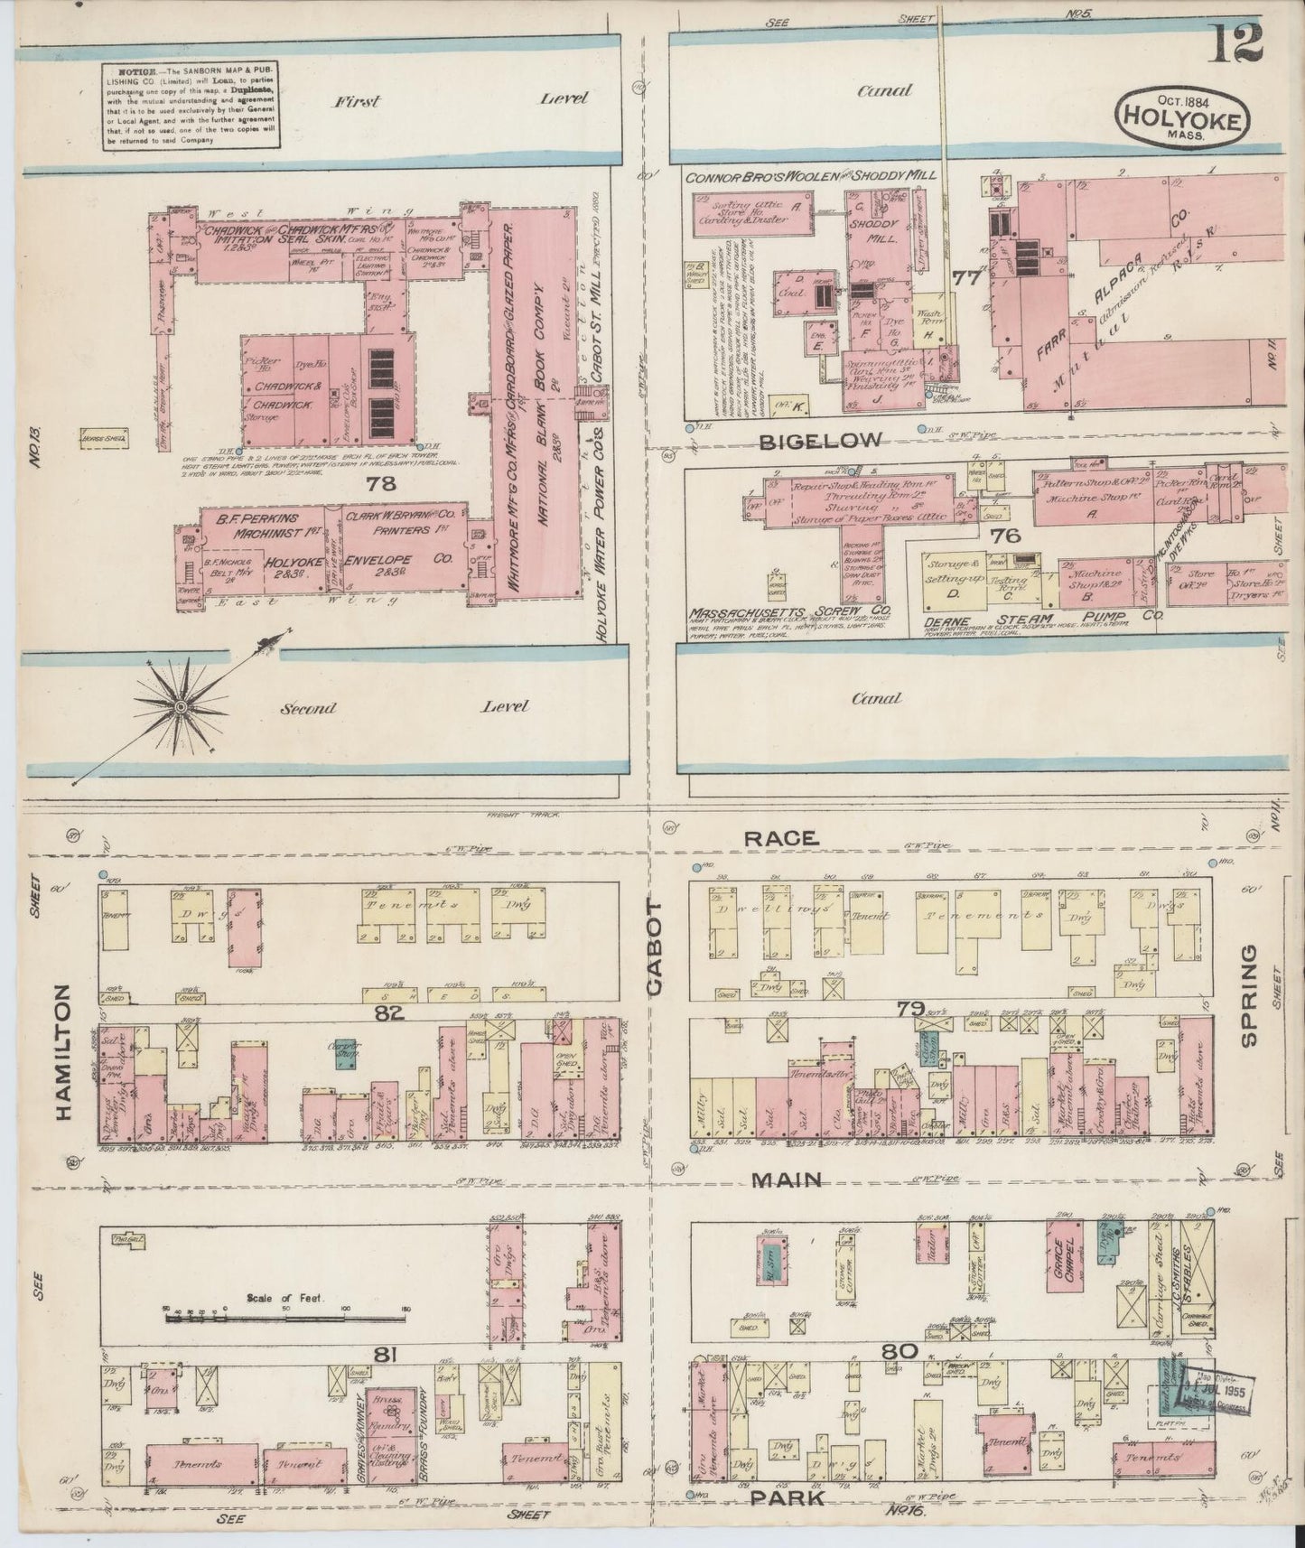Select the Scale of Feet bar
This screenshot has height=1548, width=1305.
pyautogui.click(x=289, y=1318)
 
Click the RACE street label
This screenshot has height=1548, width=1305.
pyautogui.click(x=781, y=839)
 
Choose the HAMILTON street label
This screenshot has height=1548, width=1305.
pyautogui.click(x=64, y=1052)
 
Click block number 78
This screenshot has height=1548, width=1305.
pyautogui.click(x=382, y=484)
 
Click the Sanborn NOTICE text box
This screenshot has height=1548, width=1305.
pyautogui.click(x=189, y=105)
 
